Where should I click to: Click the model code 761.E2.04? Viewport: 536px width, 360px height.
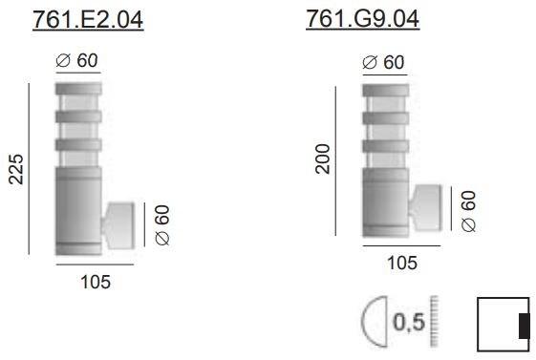pyautogui.click(x=88, y=19)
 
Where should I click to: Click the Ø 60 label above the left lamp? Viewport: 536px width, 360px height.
pyautogui.click(x=77, y=61)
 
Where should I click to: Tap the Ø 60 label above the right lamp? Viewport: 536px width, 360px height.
pyautogui.click(x=383, y=63)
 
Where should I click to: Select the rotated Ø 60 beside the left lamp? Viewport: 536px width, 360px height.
pyautogui.click(x=161, y=225)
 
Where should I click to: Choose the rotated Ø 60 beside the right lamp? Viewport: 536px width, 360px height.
pyautogui.click(x=467, y=212)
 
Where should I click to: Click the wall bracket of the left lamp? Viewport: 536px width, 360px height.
pyautogui.click(x=118, y=226)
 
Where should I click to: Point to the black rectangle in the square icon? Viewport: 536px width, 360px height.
pyautogui.click(x=524, y=325)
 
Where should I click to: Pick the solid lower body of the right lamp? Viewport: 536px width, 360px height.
pyautogui.click(x=383, y=199)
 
